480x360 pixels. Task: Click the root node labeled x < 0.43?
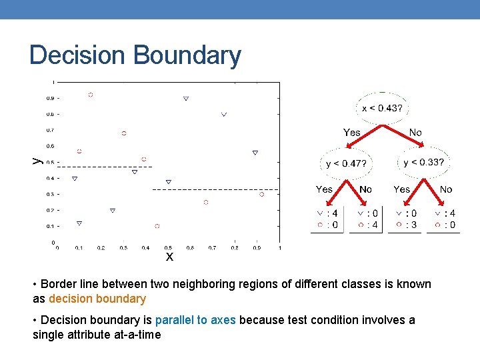coord(381,108)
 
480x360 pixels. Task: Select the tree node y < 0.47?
coord(346,163)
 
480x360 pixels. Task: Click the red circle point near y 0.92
coord(91,95)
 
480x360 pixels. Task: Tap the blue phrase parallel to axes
coord(195,320)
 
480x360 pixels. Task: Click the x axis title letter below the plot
coord(169,257)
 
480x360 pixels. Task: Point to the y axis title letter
coord(37,160)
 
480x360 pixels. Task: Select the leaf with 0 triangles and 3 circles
coord(407,219)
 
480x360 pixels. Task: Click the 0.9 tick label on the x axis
coord(257,248)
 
